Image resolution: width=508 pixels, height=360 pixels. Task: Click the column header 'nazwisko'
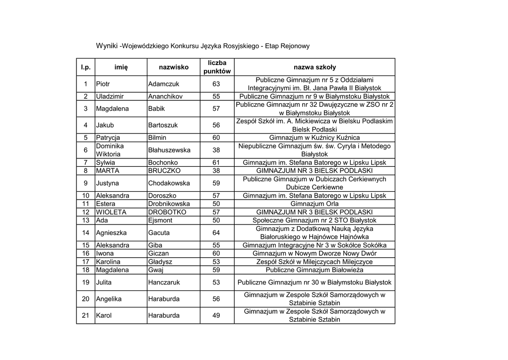tap(174, 67)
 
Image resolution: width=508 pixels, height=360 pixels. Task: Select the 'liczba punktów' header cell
tap(217, 67)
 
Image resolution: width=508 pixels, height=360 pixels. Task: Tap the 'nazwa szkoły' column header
tap(315, 67)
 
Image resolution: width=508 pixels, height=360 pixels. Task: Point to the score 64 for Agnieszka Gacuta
tap(216, 233)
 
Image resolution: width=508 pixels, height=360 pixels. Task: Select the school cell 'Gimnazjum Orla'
tap(315, 204)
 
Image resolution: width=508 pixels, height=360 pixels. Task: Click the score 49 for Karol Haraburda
tap(216, 315)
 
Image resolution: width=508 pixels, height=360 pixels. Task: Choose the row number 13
tap(86, 220)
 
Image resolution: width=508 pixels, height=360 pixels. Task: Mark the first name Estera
tap(106, 204)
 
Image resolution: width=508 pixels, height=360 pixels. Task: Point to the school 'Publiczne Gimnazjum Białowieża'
tap(315, 270)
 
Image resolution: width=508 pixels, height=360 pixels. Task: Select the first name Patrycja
tap(108, 138)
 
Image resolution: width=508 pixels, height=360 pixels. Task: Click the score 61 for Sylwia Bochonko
tap(216, 162)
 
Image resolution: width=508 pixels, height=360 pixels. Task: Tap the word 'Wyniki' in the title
tap(107, 46)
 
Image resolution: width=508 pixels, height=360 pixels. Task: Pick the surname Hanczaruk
tap(164, 283)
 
